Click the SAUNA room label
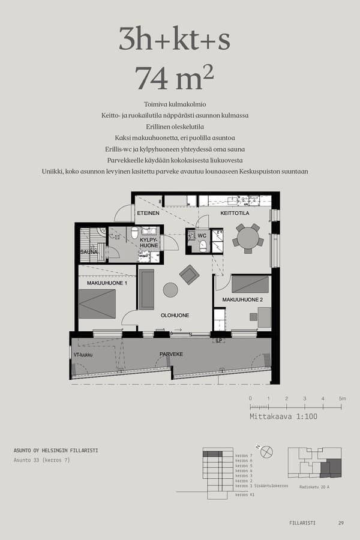(x=89, y=252)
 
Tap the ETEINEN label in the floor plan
(x=148, y=213)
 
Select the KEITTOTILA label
(x=235, y=213)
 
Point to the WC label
(x=202, y=235)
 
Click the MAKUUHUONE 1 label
(x=107, y=283)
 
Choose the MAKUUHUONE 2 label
(x=243, y=299)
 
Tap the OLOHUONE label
(x=175, y=315)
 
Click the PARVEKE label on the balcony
(x=171, y=354)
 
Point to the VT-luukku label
(x=83, y=355)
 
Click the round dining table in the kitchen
(x=248, y=239)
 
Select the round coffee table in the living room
(x=170, y=290)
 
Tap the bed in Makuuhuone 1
(x=97, y=304)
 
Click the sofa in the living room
(x=146, y=289)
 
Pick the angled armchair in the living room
(x=190, y=274)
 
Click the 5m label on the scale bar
(x=342, y=398)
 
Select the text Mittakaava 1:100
(x=283, y=416)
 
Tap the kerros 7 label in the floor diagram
(x=244, y=455)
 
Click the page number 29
(x=341, y=523)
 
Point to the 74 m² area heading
(x=175, y=77)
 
